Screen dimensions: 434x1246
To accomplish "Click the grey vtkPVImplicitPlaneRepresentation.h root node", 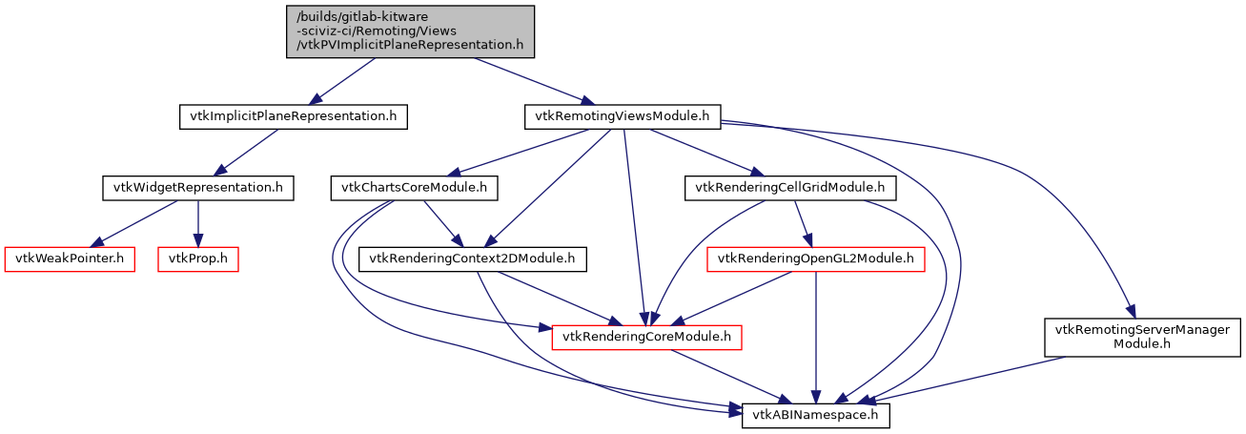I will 410,31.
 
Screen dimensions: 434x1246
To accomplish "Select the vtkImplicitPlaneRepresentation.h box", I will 294,116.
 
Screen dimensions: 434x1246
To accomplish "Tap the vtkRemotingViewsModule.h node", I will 623,116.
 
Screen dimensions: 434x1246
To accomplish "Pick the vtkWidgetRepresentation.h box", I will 197,188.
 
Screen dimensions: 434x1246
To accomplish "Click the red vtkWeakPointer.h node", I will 70,258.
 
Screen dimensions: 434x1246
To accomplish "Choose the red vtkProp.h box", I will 197,258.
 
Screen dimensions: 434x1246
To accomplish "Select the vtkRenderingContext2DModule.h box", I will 472,258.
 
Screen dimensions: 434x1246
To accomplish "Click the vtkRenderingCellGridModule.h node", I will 791,188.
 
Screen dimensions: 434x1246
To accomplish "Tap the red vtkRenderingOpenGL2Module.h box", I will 815,258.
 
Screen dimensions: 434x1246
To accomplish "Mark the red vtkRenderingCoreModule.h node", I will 647,337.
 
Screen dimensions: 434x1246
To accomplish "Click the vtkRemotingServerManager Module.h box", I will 1141,337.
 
